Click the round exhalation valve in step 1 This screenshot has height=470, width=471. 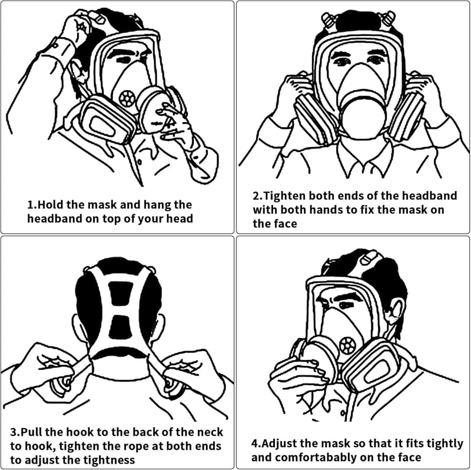(127, 98)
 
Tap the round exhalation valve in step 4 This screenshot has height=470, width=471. (348, 345)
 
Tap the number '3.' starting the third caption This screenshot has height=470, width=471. (15, 432)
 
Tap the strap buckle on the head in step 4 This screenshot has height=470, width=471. (369, 258)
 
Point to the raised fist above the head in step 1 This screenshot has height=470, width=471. (78, 28)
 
